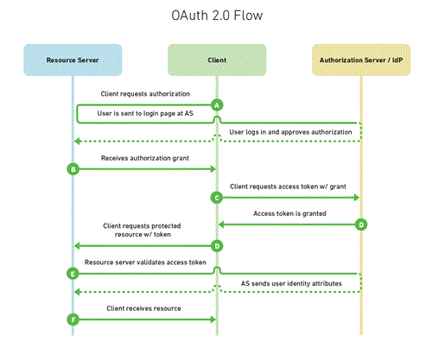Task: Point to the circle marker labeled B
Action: (73, 169)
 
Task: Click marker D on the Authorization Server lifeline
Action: (361, 224)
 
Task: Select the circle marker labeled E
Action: (73, 273)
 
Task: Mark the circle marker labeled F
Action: (73, 319)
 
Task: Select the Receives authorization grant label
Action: (144, 158)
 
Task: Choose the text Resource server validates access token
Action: (144, 261)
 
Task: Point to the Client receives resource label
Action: (144, 307)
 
